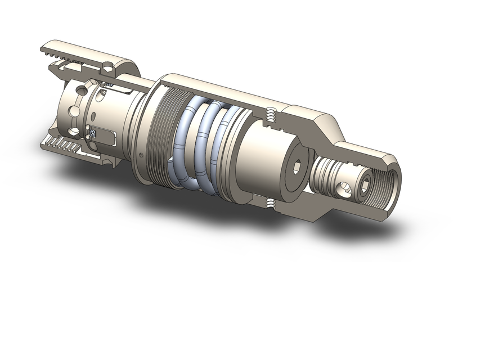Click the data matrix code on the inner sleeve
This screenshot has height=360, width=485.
tap(92, 133)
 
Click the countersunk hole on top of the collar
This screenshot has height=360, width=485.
tap(106, 66)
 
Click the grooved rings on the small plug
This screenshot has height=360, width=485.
tap(326, 172)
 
